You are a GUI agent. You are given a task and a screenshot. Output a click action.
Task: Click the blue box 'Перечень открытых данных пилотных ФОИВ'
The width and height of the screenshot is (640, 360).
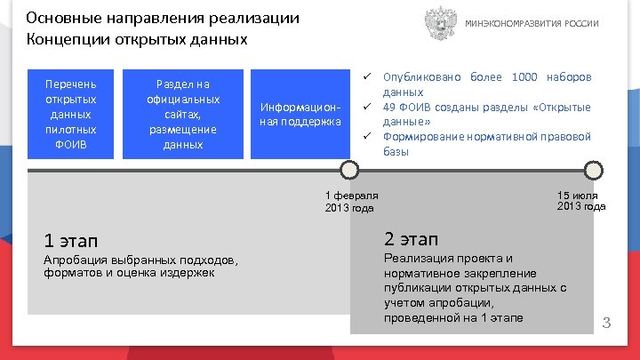(x=71, y=114)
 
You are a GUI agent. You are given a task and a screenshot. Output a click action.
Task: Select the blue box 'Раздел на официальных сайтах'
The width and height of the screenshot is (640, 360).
(x=183, y=114)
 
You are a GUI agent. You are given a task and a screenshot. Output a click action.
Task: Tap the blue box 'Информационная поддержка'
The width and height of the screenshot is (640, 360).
(x=300, y=114)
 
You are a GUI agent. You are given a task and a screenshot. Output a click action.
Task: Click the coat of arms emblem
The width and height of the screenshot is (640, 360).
(x=439, y=23)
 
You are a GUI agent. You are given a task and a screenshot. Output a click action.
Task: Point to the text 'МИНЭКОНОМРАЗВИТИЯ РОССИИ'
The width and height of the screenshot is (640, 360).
(x=532, y=24)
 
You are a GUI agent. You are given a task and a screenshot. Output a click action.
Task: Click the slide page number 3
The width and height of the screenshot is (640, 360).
(x=608, y=322)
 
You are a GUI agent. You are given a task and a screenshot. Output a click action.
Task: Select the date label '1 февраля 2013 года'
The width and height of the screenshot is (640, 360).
(x=352, y=201)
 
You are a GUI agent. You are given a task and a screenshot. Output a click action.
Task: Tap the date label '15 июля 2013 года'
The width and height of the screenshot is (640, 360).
(x=581, y=201)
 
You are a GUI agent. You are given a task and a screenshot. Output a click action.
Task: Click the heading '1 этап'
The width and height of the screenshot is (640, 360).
(x=71, y=240)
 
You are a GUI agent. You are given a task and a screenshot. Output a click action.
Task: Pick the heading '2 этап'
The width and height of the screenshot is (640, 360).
(x=411, y=238)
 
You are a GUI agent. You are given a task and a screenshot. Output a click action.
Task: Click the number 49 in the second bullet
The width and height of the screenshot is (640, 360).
(x=389, y=107)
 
